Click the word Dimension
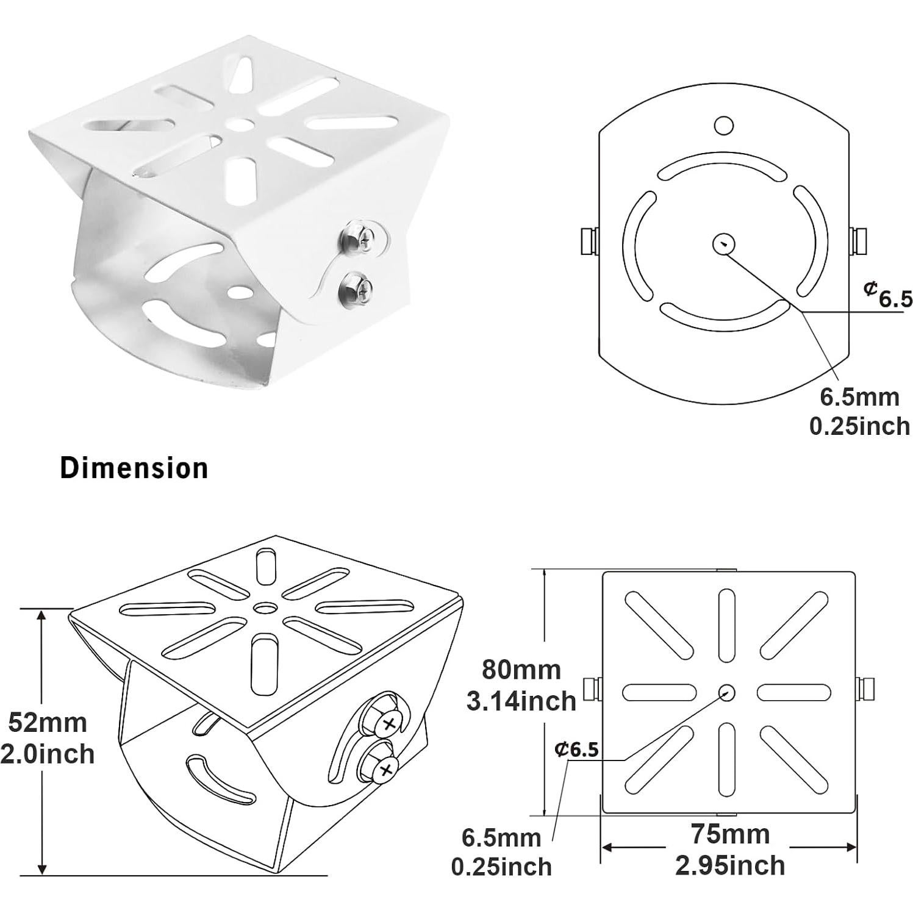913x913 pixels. coord(134,468)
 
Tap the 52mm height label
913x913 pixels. coord(48,723)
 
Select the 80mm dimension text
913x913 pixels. coord(521,670)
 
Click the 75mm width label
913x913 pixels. coord(730,834)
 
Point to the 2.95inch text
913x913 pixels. coord(730,865)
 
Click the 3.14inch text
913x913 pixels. coord(521,701)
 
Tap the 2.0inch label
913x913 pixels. coord(48,754)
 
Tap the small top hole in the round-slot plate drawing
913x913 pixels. coord(723,125)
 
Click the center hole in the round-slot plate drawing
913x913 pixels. coord(723,245)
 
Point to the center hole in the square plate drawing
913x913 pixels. coord(726,692)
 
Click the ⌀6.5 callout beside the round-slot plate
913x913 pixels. coord(888,294)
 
